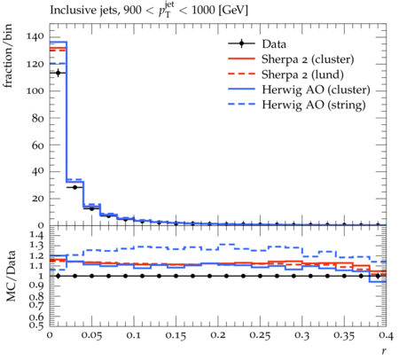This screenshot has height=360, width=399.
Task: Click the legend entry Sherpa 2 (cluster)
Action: point(308,59)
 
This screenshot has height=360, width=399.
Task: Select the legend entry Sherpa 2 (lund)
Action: point(302,74)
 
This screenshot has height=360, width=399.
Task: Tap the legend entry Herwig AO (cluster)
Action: point(316,90)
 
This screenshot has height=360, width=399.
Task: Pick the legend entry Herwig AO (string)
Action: point(314,105)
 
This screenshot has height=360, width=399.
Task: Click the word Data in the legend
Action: point(274,44)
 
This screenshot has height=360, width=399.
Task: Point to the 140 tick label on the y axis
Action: point(35,36)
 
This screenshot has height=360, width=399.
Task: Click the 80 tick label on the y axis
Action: point(38,118)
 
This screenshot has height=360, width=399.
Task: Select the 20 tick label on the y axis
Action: point(38,199)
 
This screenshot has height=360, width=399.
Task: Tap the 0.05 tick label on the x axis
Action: point(91,335)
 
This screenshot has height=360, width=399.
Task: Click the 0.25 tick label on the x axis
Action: point(260,335)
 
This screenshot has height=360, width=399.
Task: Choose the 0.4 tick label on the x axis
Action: point(386,335)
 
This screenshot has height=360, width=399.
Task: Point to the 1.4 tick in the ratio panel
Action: point(37,236)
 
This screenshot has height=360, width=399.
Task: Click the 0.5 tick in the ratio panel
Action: point(37,325)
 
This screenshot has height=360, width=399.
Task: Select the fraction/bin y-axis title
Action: point(8,56)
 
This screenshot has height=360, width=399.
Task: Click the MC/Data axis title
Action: point(11,276)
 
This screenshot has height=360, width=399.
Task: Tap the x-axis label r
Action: point(384,351)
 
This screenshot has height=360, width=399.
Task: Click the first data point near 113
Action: point(58,73)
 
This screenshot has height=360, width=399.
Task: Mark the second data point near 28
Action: point(74,187)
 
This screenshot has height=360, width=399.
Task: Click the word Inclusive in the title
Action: point(70,11)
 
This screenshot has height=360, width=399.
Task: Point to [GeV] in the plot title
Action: point(233,11)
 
